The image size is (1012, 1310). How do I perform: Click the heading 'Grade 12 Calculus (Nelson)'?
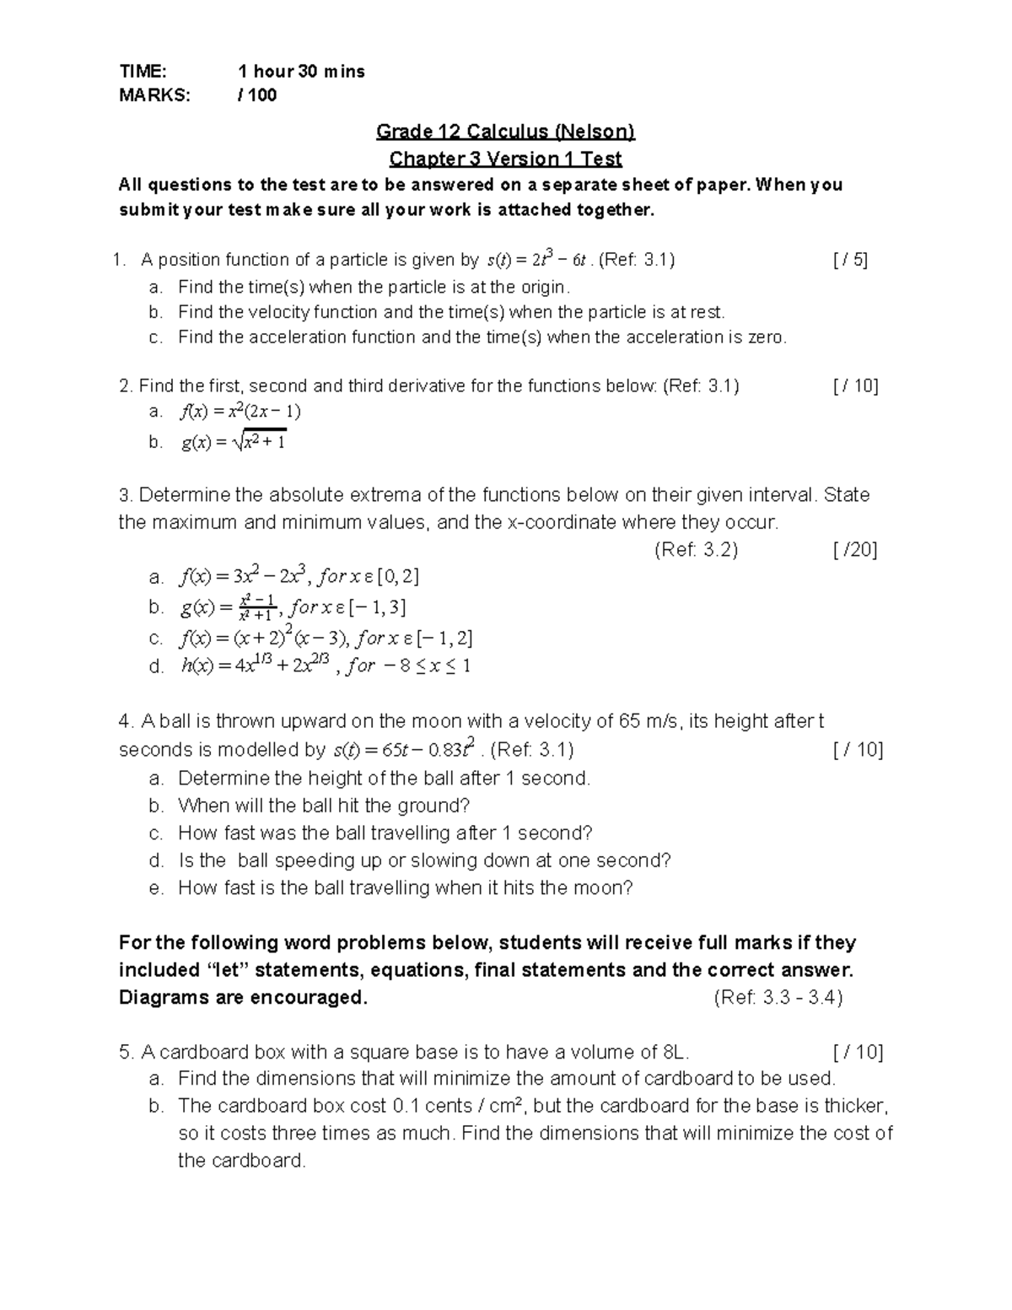coord(505,132)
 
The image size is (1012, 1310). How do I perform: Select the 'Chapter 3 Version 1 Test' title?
coord(505,159)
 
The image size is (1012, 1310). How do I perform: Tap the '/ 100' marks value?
coord(258,95)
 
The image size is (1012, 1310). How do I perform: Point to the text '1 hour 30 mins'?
coord(302,72)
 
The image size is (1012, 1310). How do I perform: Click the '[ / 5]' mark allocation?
coord(849,260)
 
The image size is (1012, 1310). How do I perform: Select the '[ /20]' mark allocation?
coord(854,550)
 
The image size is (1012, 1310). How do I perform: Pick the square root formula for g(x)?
coord(234,441)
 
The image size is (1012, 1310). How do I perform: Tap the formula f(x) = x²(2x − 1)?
coord(240,412)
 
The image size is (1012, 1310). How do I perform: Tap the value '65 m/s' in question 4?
coord(652,721)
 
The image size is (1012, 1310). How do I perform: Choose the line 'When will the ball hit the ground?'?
coord(324,806)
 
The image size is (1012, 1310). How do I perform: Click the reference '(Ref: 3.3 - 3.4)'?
coord(778,998)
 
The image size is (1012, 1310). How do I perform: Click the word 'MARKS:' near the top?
coord(155,95)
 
